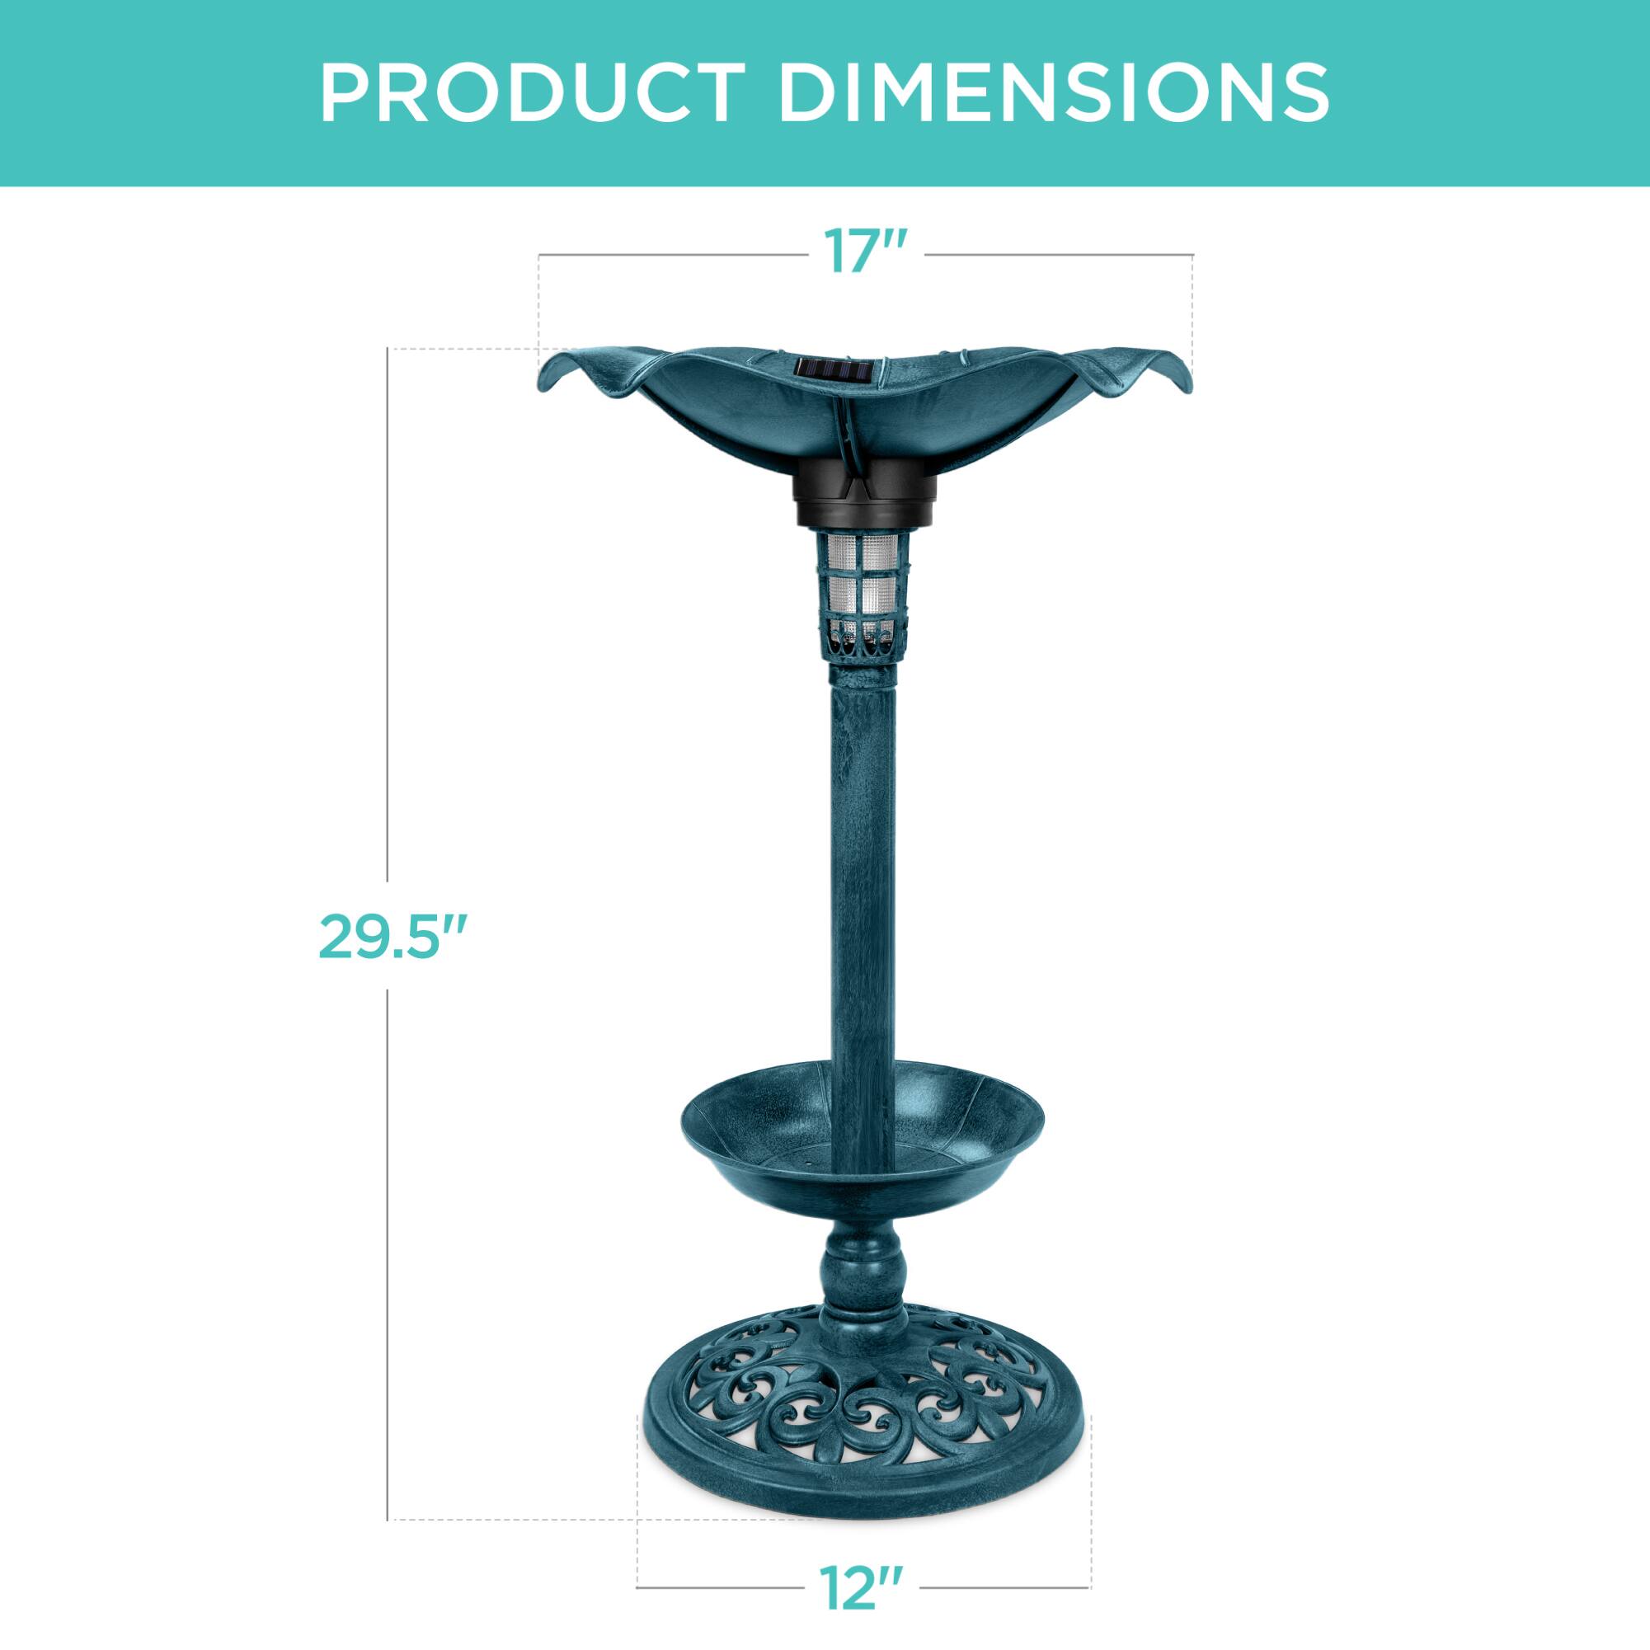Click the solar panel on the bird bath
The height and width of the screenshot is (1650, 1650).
[833, 373]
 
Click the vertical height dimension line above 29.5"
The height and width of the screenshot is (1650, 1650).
[388, 598]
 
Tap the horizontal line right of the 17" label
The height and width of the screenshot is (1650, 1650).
[1059, 255]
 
